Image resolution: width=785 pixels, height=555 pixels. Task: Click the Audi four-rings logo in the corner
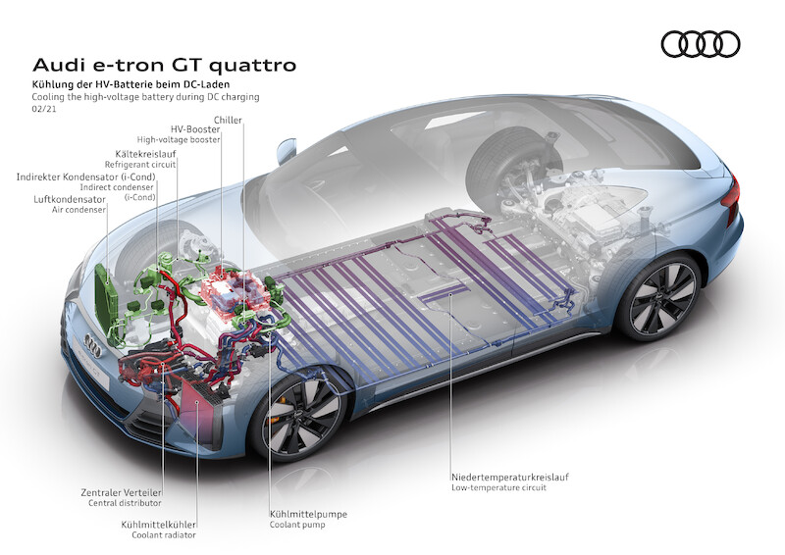701,44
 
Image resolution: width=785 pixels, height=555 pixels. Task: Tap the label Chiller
227,120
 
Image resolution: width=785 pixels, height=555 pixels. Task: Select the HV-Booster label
194,129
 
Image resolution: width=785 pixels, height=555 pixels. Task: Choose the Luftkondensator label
69,199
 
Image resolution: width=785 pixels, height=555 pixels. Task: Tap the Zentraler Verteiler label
123,491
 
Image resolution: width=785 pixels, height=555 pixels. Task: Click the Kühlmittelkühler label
156,524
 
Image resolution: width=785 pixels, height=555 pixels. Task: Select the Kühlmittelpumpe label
308,513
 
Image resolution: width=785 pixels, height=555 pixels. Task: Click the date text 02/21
43,112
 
